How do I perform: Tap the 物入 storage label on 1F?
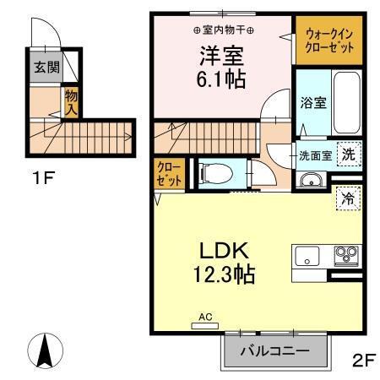72,103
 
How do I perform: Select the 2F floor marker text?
362,360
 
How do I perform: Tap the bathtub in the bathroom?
345,103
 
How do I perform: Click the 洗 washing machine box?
348,155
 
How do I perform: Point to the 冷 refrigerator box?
347,199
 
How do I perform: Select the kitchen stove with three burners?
345,253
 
